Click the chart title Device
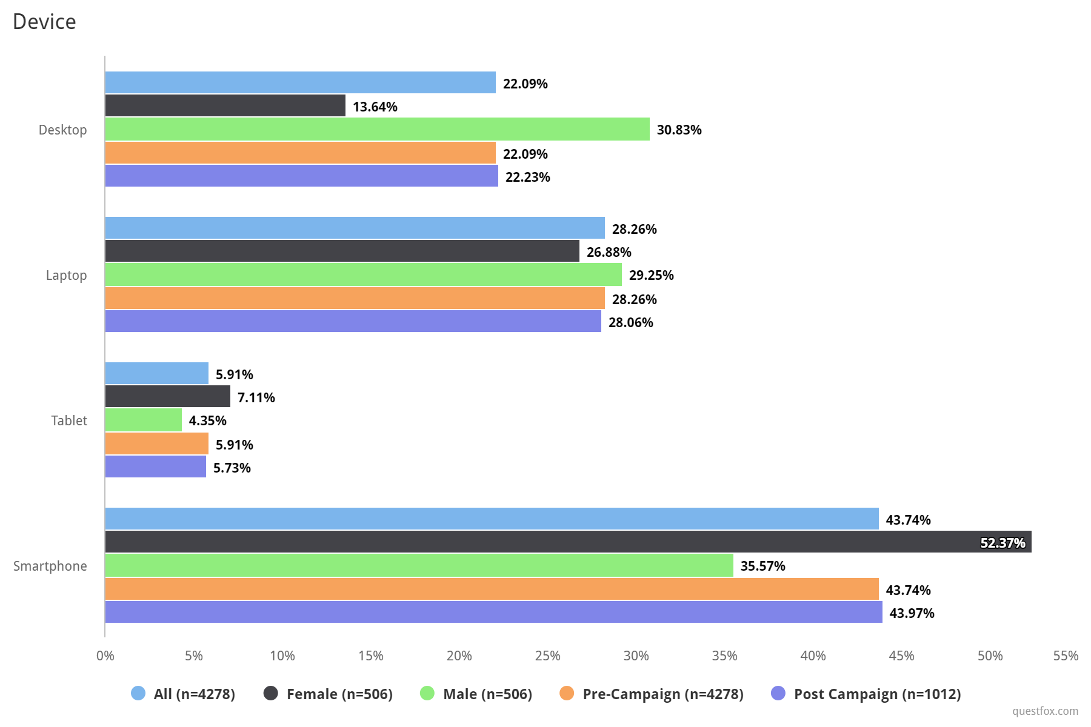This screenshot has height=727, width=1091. pyautogui.click(x=44, y=22)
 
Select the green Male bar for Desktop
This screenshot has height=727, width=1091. pyautogui.click(x=377, y=130)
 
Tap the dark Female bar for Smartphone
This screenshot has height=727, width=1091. pyautogui.click(x=568, y=542)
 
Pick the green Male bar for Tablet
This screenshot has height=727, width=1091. pyautogui.click(x=144, y=420)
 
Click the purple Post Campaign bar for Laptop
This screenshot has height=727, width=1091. pyautogui.click(x=353, y=322)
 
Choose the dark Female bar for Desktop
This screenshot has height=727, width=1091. pyautogui.click(x=225, y=105)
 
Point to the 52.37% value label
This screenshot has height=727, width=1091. pyautogui.click(x=1003, y=543)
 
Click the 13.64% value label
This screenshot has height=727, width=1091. pyautogui.click(x=375, y=107)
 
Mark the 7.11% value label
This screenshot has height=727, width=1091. pyautogui.click(x=256, y=398)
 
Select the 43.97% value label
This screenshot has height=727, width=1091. pyautogui.click(x=912, y=614)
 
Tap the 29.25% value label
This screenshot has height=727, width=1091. pyautogui.click(x=651, y=276)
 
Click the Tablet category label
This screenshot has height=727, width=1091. pyautogui.click(x=69, y=420)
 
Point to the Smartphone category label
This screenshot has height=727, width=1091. pyautogui.click(x=50, y=566)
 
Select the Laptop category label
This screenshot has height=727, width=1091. pyautogui.click(x=67, y=275)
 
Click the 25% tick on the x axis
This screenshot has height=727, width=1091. pyautogui.click(x=547, y=656)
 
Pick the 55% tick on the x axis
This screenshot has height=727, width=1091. pyautogui.click(x=1066, y=656)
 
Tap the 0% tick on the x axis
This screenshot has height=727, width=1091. pyautogui.click(x=105, y=656)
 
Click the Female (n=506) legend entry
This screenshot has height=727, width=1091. pyautogui.click(x=329, y=694)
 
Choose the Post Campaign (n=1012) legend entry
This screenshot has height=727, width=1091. pyautogui.click(x=866, y=694)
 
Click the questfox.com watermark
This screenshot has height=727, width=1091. pyautogui.click(x=1045, y=711)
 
